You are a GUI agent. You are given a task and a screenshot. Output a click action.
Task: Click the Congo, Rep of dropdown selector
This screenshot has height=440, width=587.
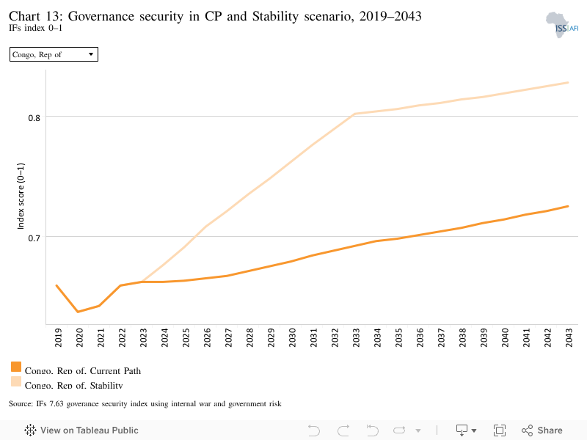tap(54, 54)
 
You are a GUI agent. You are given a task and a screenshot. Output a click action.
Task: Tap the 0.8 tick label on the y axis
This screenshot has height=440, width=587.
tap(34, 118)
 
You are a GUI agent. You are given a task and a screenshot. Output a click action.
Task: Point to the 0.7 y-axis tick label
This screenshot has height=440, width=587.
tap(34, 238)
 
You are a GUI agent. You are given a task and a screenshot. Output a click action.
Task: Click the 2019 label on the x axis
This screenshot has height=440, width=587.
tap(58, 337)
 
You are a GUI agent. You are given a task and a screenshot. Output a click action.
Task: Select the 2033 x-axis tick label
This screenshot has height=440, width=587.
tap(356, 337)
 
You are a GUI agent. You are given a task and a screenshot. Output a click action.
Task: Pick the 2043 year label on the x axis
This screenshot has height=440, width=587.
tap(569, 337)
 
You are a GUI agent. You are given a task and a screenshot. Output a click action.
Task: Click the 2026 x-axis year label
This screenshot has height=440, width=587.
tap(207, 337)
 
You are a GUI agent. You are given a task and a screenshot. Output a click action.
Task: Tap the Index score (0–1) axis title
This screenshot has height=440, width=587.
tap(21, 196)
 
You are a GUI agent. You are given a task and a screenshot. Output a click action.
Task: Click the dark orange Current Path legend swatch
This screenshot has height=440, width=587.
tap(16, 367)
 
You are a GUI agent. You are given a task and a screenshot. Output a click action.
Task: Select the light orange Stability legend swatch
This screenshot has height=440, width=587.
tap(16, 381)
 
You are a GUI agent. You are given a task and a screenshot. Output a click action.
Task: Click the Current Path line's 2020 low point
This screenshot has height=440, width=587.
tap(78, 312)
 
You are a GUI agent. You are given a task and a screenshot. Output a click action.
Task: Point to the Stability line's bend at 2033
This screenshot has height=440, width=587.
tap(354, 114)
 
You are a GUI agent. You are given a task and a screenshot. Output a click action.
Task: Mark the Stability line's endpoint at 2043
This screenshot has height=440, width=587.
tap(568, 82)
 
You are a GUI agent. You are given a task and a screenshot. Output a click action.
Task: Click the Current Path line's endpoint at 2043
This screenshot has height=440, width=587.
tap(568, 206)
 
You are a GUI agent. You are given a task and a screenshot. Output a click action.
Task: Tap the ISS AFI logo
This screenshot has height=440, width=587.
tap(561, 25)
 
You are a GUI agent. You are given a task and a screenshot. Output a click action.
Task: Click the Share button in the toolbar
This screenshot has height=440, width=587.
tap(542, 430)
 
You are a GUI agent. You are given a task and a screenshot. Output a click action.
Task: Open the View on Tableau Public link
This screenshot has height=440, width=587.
tap(81, 430)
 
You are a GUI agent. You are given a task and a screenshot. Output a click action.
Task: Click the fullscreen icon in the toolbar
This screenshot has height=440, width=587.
tap(500, 430)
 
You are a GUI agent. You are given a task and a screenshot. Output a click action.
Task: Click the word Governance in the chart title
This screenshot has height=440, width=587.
tap(101, 16)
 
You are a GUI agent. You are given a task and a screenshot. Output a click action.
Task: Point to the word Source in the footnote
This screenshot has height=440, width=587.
tap(21, 404)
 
